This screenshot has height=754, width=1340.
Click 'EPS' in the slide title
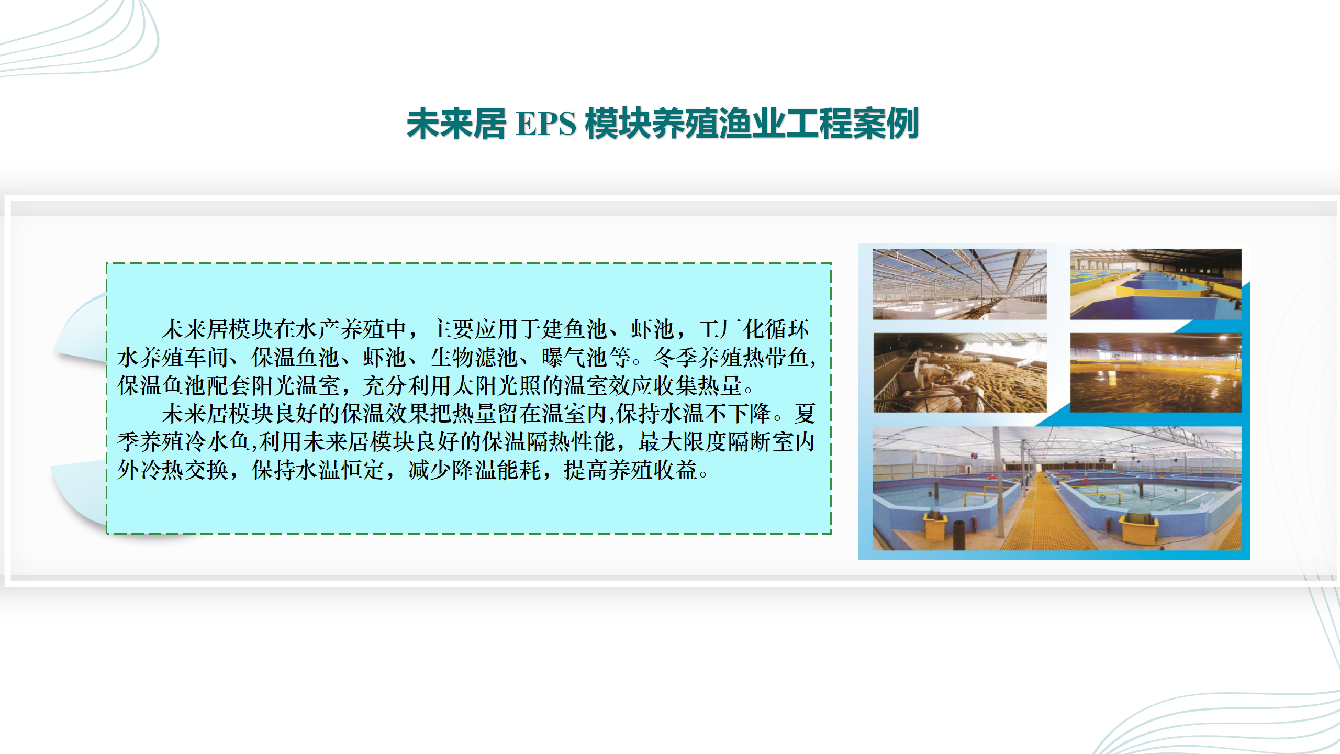pyautogui.click(x=546, y=124)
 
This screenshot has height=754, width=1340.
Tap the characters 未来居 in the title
pyautogui.click(x=456, y=124)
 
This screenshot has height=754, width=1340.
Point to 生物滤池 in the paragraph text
pyautogui.click(x=474, y=358)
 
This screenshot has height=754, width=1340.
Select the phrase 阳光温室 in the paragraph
pyautogui.click(x=296, y=386)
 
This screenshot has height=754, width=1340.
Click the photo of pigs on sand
pyautogui.click(x=960, y=373)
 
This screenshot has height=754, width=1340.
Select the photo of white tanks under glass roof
pyautogui.click(x=960, y=284)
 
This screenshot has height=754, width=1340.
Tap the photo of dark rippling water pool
pyautogui.click(x=1156, y=373)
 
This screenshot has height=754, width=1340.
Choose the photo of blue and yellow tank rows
pyautogui.click(x=1156, y=284)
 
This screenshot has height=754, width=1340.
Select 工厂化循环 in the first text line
pyautogui.click(x=753, y=329)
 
